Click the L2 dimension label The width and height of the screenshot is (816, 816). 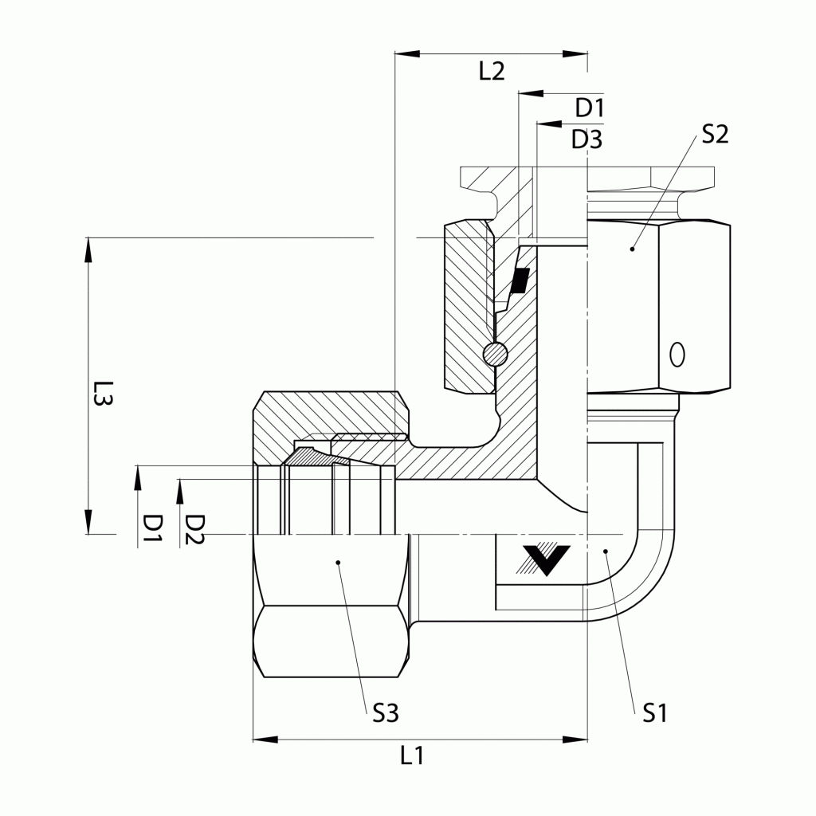click(x=492, y=72)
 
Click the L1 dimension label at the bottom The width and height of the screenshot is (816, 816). click(x=411, y=755)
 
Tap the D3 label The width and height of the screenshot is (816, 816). click(x=586, y=140)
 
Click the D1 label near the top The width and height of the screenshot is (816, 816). click(x=590, y=108)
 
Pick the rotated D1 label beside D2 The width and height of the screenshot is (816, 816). click(x=152, y=528)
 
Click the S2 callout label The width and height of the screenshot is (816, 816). click(x=714, y=134)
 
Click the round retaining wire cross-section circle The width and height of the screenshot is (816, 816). click(x=494, y=353)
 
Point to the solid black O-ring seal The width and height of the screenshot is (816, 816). click(x=520, y=280)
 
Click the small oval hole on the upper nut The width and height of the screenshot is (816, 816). click(x=677, y=353)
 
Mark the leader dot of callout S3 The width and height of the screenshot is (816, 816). click(x=339, y=563)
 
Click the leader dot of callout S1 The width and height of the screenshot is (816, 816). click(x=605, y=550)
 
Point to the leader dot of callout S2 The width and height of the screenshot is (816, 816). click(x=632, y=249)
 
